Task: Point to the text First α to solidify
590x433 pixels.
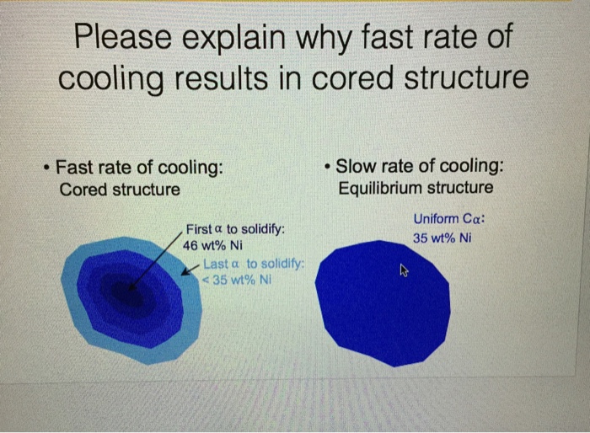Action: [x=235, y=229]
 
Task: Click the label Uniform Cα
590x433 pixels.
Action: [x=450, y=219]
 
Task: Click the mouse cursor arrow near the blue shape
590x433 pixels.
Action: [x=404, y=270]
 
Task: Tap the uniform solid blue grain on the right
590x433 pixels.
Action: [x=379, y=303]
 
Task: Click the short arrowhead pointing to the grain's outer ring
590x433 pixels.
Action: [x=192, y=272]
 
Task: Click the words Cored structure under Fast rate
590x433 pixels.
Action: [x=120, y=189]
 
